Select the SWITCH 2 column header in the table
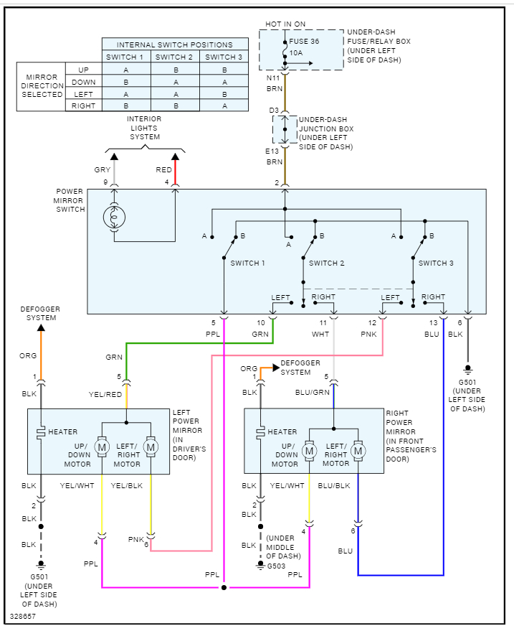[x=175, y=57]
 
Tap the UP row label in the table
[x=83, y=70]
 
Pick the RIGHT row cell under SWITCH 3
[x=224, y=106]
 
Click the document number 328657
[x=22, y=616]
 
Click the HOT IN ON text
[x=285, y=24]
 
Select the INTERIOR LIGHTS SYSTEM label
[x=144, y=128]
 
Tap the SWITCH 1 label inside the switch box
[x=247, y=263]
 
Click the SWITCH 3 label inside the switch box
[x=436, y=263]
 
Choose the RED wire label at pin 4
[x=163, y=169]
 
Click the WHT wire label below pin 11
[x=320, y=334]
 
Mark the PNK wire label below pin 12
[x=368, y=334]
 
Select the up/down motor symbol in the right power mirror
[x=309, y=451]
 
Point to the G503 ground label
[x=277, y=565]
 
